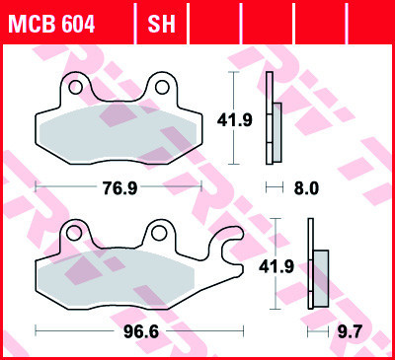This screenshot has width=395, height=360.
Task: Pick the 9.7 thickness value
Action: [x=348, y=329]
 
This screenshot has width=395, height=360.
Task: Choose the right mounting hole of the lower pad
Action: [x=155, y=235]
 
